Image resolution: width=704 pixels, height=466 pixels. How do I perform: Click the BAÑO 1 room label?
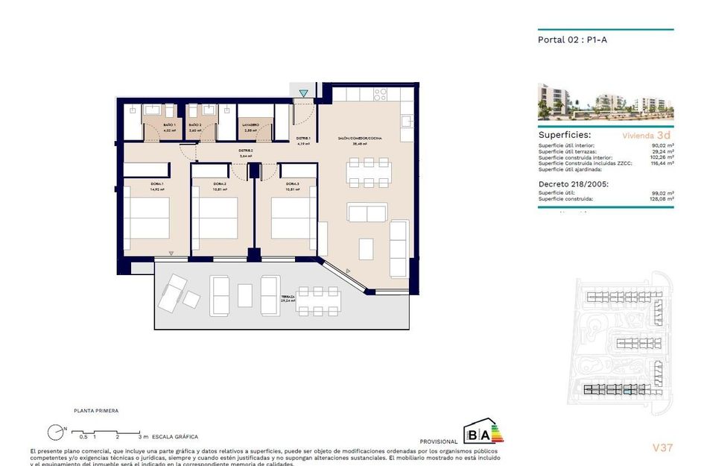click(169, 125)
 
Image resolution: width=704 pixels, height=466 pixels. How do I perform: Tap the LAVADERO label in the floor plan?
click(250, 125)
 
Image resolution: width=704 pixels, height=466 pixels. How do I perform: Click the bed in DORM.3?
click(289, 218)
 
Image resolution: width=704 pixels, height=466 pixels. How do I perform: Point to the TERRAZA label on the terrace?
click(288, 297)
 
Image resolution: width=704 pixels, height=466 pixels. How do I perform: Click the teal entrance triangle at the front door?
click(303, 93)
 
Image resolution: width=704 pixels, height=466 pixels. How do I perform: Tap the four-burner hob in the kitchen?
click(379, 95)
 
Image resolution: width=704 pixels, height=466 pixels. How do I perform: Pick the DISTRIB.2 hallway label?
click(246, 151)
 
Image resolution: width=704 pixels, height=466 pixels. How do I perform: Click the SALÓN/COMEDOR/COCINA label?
click(360, 139)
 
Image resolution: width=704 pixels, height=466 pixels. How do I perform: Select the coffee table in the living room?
click(367, 248)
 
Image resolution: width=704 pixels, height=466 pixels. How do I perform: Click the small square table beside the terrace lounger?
click(191, 299)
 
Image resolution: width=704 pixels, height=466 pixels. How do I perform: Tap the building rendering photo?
click(605, 103)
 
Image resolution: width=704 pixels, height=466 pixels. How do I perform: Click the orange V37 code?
click(662, 448)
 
